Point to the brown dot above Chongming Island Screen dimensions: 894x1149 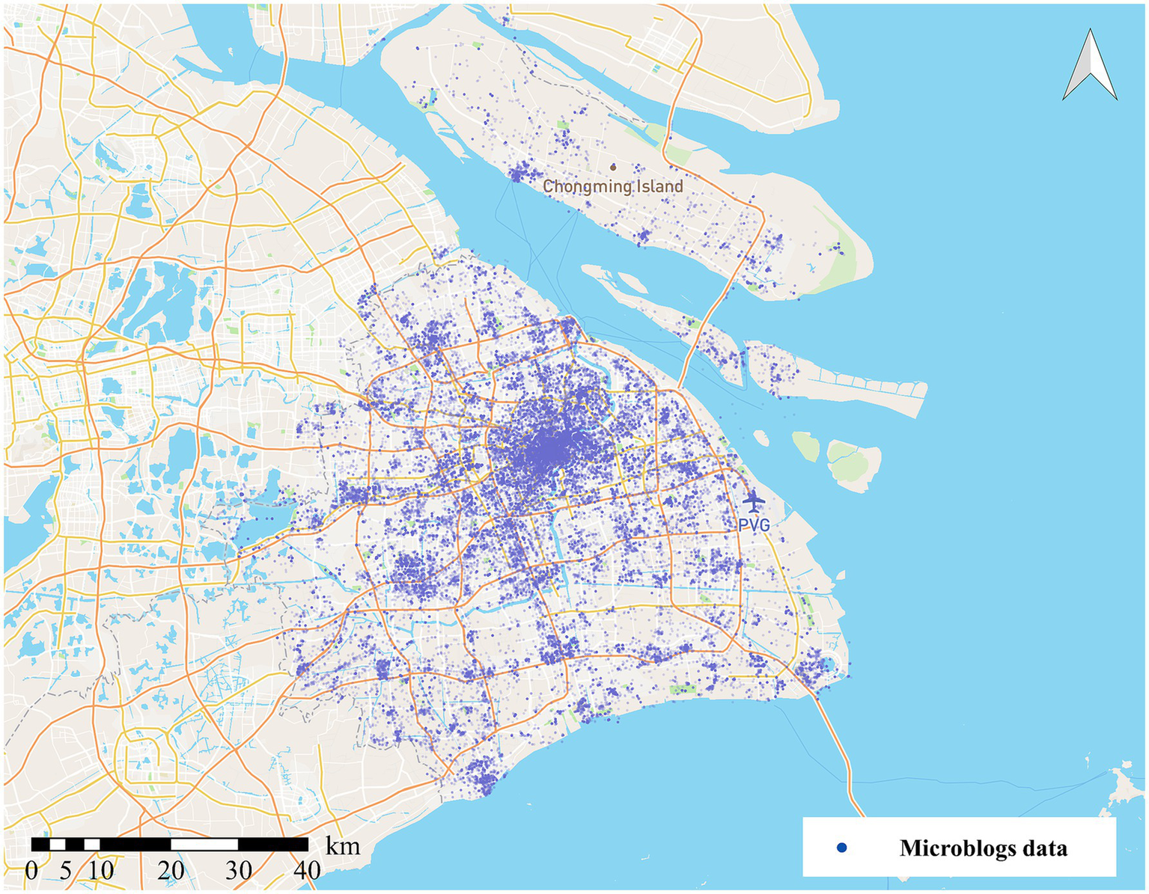point(613,168)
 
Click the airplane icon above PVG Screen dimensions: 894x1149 point(754,500)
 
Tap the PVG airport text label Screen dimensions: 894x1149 point(754,526)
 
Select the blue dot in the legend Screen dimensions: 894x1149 point(842,848)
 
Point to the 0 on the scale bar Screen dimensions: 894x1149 point(31,871)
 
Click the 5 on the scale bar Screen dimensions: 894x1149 point(66,871)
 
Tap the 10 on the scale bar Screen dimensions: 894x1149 point(100,871)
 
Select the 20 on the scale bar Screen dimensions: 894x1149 point(171,871)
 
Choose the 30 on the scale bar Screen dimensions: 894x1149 point(239,871)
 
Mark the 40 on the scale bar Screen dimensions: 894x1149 point(307,871)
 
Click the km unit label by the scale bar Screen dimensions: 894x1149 point(343,846)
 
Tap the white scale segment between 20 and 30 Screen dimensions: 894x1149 point(204,844)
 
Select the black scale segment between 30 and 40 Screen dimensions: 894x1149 point(273,844)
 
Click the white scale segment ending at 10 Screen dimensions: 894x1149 point(91,844)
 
